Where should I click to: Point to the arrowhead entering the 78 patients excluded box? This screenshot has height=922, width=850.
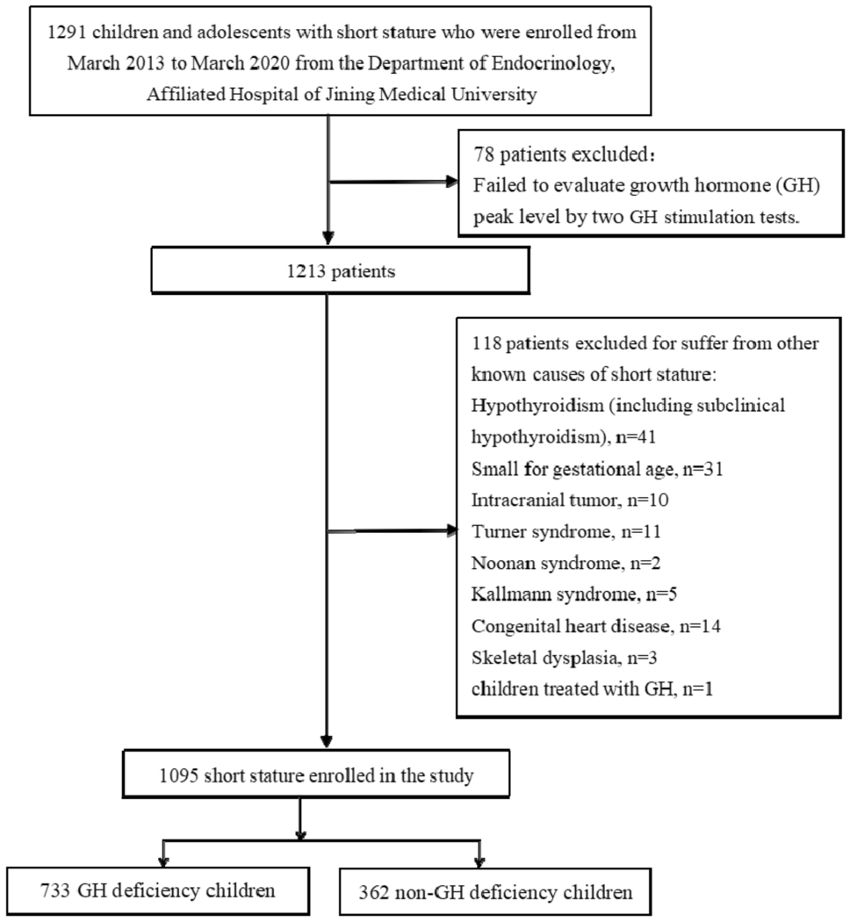[x=451, y=183]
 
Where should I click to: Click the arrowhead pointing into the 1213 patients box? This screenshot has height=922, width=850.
[x=327, y=240]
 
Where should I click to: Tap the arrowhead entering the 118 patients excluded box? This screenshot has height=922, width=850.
[x=451, y=530]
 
